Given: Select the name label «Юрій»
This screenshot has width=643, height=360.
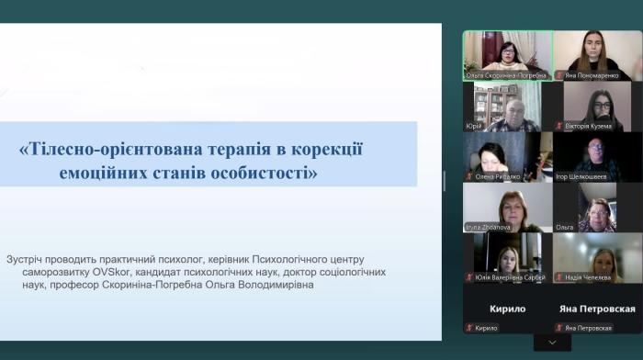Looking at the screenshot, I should click(475, 126).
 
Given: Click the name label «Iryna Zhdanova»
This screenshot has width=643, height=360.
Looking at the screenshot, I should click(489, 227).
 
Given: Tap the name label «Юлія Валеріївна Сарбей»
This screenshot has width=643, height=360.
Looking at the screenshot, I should click(510, 277).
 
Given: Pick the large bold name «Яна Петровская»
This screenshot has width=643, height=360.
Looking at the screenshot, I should click(597, 309).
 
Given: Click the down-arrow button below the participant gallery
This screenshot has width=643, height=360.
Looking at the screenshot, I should click(552, 343).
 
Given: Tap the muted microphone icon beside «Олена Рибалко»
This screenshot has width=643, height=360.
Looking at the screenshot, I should click(470, 176).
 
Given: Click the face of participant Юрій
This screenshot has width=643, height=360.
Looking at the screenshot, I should click(511, 108).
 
